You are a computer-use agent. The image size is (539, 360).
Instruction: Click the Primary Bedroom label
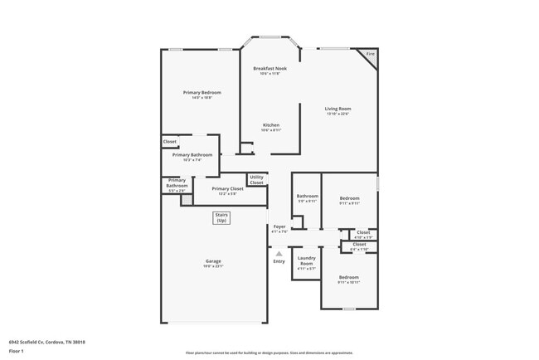pyautogui.click(x=197, y=92)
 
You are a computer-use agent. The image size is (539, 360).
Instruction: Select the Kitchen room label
pyautogui.click(x=270, y=125)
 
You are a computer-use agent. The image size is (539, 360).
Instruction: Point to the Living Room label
pyautogui.click(x=337, y=109)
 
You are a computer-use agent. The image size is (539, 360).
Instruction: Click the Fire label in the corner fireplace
pyautogui.click(x=370, y=54)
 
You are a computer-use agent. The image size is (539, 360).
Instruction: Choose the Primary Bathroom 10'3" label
pyautogui.click(x=192, y=155)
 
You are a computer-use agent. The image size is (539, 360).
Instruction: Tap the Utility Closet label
pyautogui.click(x=257, y=179)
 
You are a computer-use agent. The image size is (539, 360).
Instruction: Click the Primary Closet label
pyautogui.click(x=227, y=189)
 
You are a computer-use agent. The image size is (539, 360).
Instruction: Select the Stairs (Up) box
pyautogui.click(x=221, y=218)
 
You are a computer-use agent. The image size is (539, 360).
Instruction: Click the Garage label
pyautogui.click(x=213, y=261)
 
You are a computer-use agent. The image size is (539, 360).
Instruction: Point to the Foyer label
pyautogui.click(x=280, y=226)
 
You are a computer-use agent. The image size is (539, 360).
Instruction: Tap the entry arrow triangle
pyautogui.click(x=279, y=254)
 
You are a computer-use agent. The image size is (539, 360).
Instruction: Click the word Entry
pyautogui.click(x=279, y=262)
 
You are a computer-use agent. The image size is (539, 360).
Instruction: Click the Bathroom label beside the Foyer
pyautogui.click(x=308, y=197)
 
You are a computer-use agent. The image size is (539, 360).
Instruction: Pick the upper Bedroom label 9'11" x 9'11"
pyautogui.click(x=349, y=198)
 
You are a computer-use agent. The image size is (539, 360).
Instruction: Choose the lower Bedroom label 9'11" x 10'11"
pyautogui.click(x=348, y=277)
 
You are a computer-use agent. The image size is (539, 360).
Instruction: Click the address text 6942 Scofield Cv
pyautogui.click(x=47, y=341)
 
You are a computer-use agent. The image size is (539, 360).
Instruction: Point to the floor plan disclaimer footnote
pyautogui.click(x=269, y=353)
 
